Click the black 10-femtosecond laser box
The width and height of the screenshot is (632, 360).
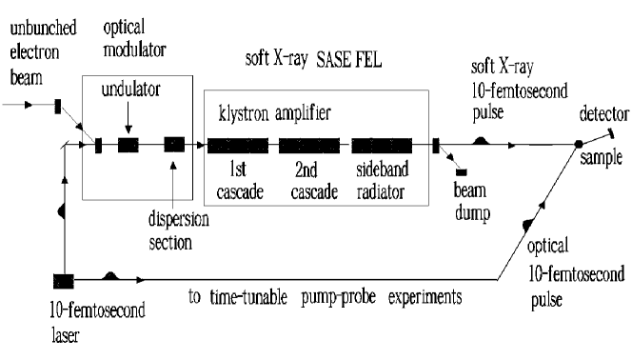point(64,280)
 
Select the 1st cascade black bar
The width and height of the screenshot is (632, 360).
point(238,146)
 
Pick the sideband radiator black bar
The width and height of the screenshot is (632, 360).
point(381,146)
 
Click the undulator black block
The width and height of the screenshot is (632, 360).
point(128,146)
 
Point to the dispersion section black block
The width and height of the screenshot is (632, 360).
point(174,145)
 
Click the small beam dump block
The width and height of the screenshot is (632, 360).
point(462,170)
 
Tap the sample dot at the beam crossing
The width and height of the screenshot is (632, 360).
point(578,145)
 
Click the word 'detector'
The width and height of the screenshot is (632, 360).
point(602,115)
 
